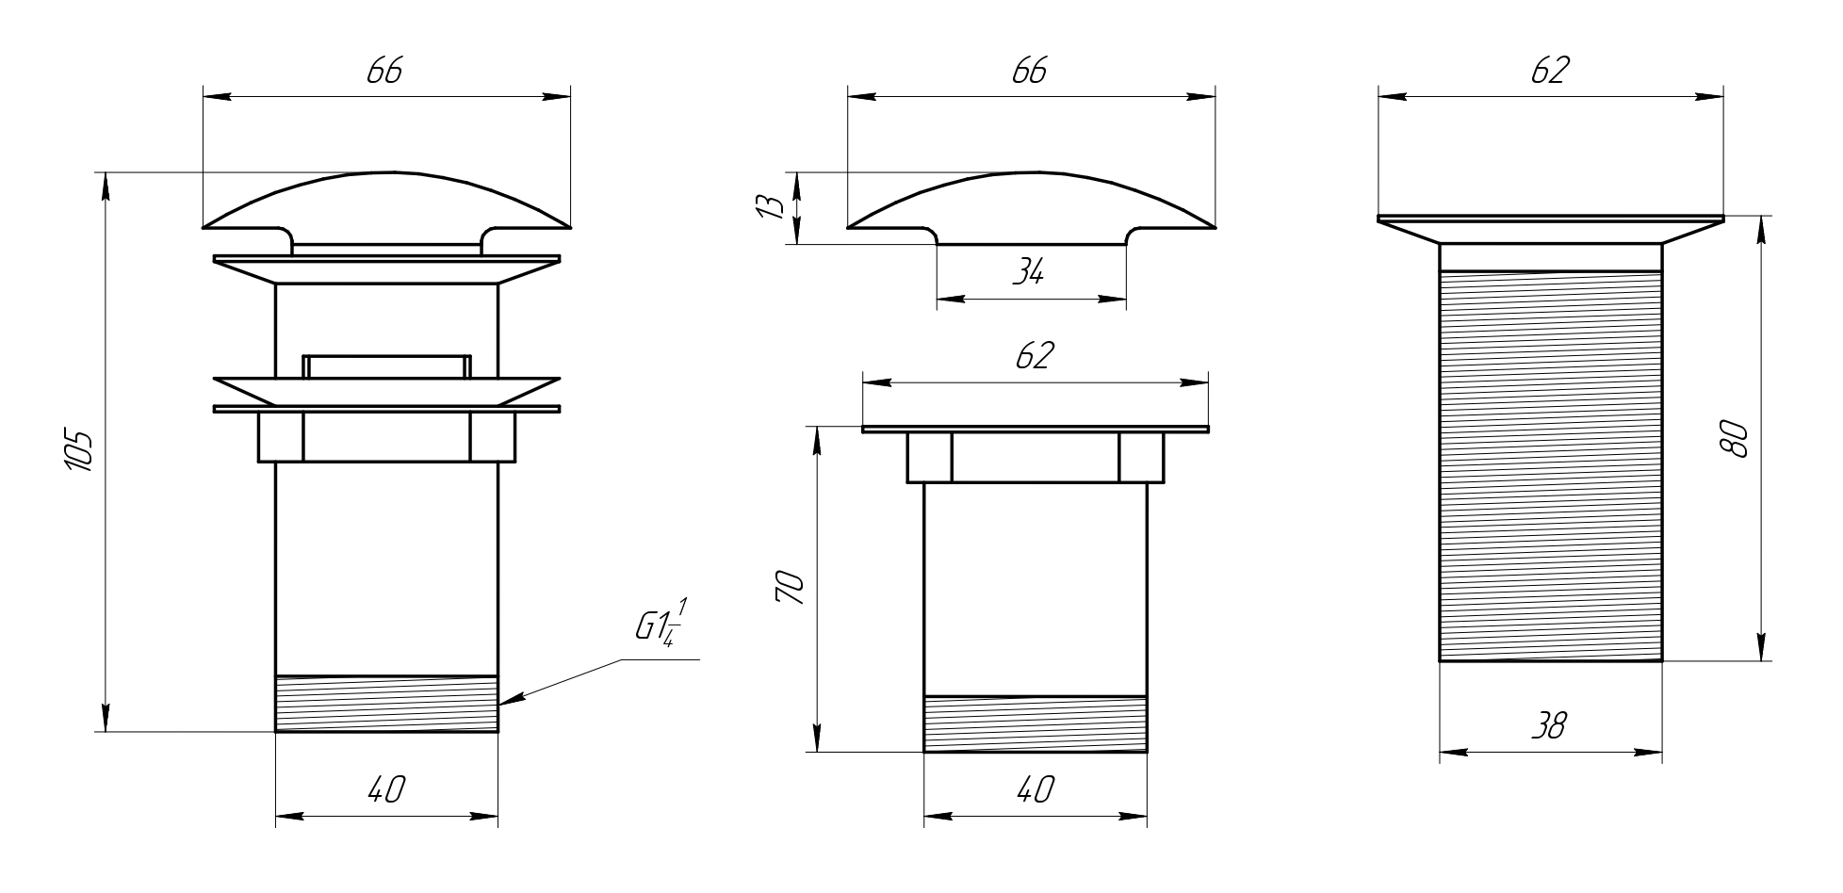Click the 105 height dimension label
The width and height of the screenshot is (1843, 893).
(80, 452)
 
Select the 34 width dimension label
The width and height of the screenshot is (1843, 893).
(1028, 273)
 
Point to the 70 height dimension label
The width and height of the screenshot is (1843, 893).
(789, 589)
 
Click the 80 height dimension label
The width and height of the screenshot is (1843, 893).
(1733, 440)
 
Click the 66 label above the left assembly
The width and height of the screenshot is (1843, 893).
(384, 72)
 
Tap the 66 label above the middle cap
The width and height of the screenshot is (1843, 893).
(1029, 72)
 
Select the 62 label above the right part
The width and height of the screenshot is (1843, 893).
(1549, 72)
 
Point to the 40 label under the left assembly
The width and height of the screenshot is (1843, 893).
(385, 789)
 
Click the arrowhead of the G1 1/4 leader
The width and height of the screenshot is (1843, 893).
(505, 701)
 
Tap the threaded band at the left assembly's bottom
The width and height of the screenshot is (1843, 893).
(386, 704)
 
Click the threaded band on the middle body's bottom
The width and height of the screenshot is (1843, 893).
(1035, 723)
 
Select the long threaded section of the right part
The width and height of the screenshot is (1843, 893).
(1550, 466)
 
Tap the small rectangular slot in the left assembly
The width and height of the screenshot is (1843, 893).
(386, 365)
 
